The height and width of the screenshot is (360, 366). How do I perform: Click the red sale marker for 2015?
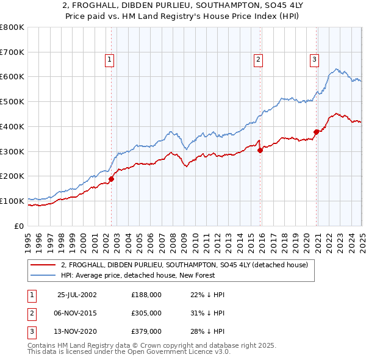point(260,149)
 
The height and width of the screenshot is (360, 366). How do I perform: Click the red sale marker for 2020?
point(316,131)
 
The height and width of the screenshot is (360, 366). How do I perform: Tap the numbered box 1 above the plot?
point(109,59)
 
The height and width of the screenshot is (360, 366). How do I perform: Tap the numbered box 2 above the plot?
point(259,59)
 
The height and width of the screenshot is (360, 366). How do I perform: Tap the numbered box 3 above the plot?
point(314,59)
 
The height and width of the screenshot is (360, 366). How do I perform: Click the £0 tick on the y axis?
point(19,226)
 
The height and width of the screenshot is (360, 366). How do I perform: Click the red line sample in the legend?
point(43,265)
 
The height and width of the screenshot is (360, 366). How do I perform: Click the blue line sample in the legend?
point(43,275)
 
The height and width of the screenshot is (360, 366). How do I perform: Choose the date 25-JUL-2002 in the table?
point(77,295)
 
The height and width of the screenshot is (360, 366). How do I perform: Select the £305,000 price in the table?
point(146,313)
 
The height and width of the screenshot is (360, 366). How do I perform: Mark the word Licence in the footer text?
point(185,352)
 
